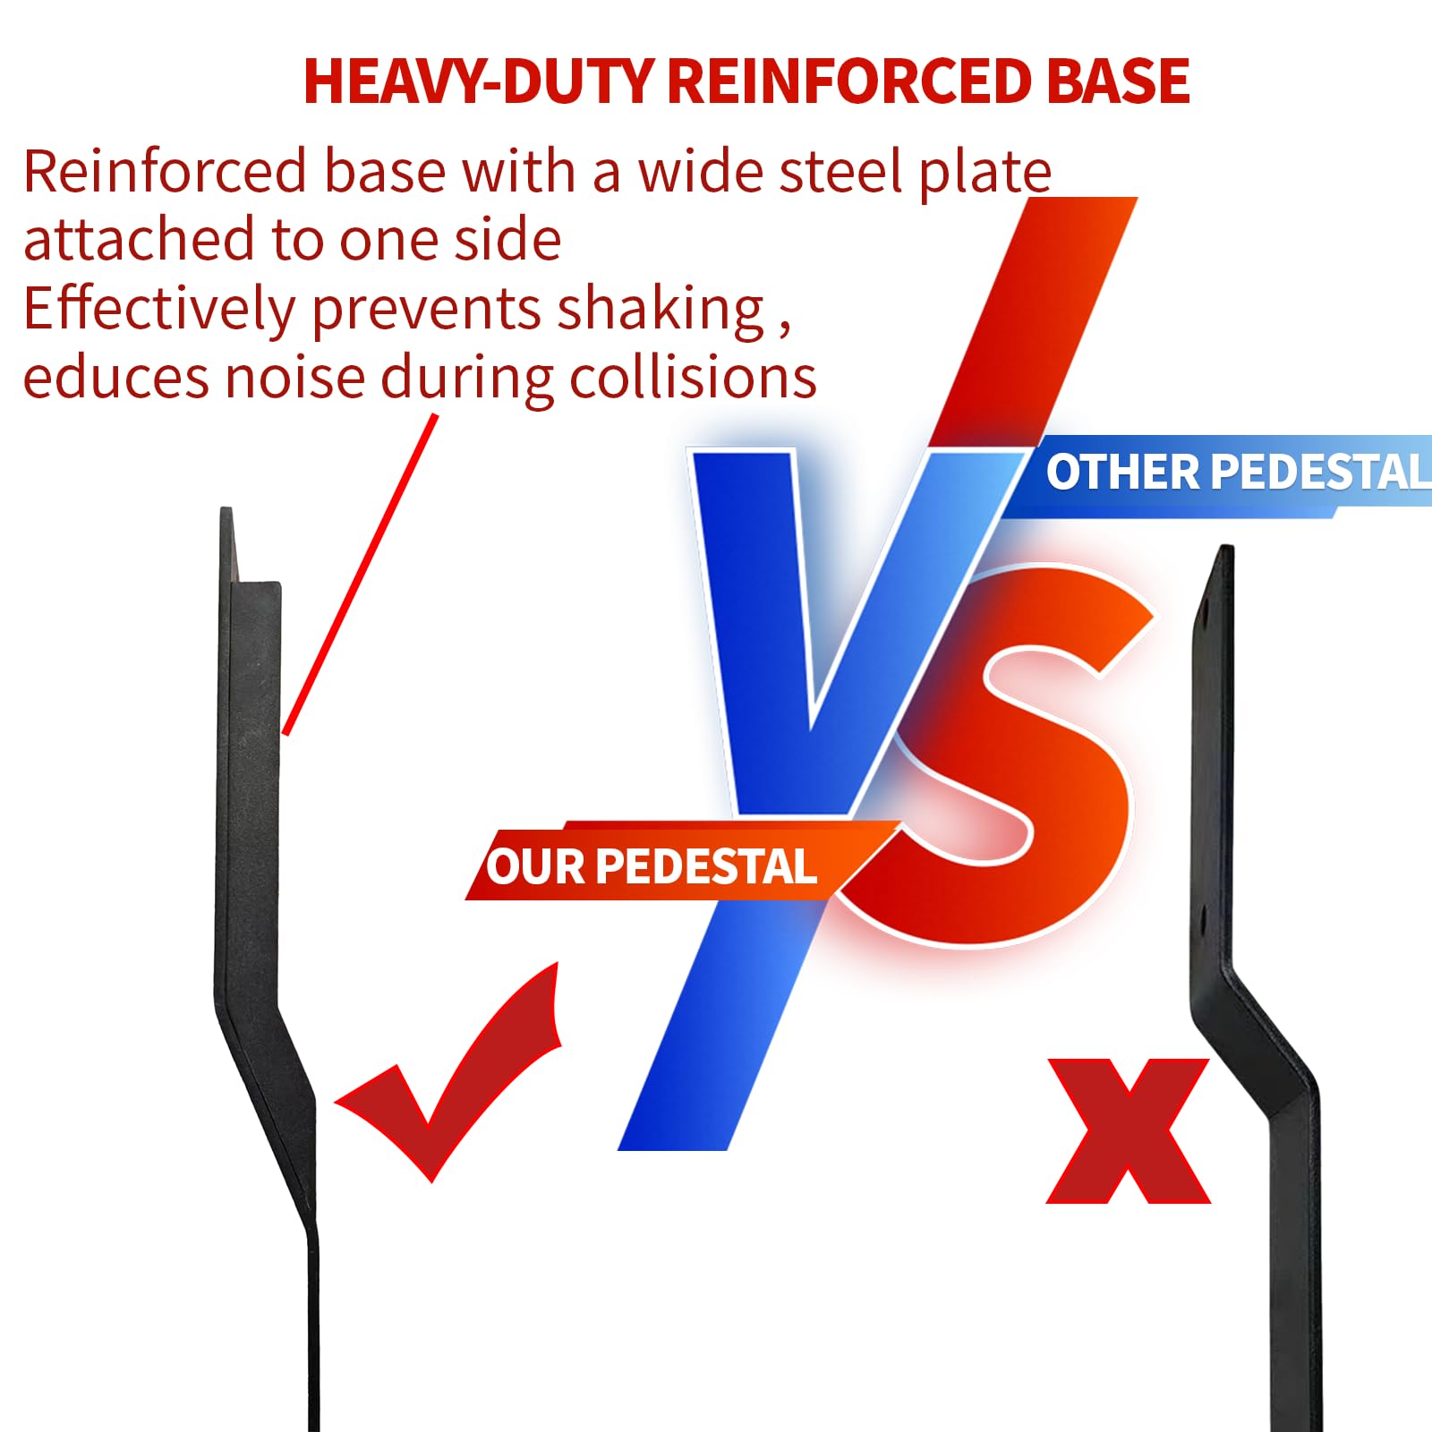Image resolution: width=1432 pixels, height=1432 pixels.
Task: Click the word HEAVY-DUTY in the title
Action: coord(478,81)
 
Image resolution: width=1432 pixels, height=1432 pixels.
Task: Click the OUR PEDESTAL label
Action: coord(652,866)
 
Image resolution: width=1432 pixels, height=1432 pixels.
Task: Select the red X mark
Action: coord(1129,1130)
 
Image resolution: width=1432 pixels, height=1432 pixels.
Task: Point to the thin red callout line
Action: coord(361,575)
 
